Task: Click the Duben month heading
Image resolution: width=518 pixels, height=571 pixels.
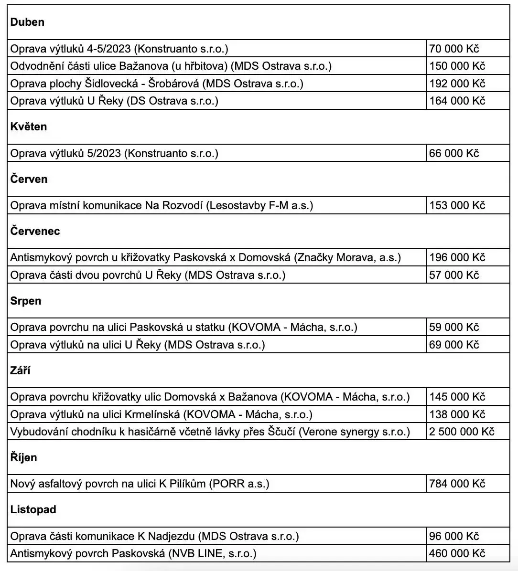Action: pyautogui.click(x=27, y=22)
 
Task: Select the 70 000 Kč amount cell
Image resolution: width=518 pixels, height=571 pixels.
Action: pyautogui.click(x=454, y=49)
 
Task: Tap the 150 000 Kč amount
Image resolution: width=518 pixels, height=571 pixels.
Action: pyautogui.click(x=457, y=66)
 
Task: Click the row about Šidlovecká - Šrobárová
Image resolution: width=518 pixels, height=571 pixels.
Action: pyautogui.click(x=157, y=84)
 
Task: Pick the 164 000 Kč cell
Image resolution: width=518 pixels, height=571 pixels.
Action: pyautogui.click(x=457, y=101)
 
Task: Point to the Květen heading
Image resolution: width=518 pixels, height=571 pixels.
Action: pyautogui.click(x=29, y=127)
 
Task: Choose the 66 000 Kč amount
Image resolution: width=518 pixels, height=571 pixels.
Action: pyautogui.click(x=454, y=153)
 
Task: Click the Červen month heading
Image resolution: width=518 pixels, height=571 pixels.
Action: pyautogui.click(x=29, y=180)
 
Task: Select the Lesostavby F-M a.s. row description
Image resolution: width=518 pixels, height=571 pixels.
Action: pyautogui.click(x=162, y=205)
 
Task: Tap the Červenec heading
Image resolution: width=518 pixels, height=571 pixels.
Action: pyautogui.click(x=35, y=232)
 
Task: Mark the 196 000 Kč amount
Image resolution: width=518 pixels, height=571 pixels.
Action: pyautogui.click(x=457, y=258)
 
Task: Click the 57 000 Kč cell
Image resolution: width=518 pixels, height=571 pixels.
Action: pyautogui.click(x=454, y=275)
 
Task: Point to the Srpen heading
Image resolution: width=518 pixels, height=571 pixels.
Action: pyautogui.click(x=26, y=301)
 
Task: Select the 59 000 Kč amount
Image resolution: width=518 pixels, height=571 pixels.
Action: pyautogui.click(x=454, y=328)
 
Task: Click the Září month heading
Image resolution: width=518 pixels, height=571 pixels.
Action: pyautogui.click(x=21, y=371)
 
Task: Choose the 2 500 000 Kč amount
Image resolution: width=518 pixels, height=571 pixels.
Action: pyautogui.click(x=462, y=432)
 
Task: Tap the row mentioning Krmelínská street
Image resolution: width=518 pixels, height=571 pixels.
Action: pyautogui.click(x=162, y=414)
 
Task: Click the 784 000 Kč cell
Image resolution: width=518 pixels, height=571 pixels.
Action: pyautogui.click(x=457, y=484)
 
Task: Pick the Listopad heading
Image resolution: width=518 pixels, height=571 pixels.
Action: pyautogui.click(x=33, y=510)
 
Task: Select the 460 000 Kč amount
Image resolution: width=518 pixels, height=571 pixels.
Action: pyautogui.click(x=457, y=554)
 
